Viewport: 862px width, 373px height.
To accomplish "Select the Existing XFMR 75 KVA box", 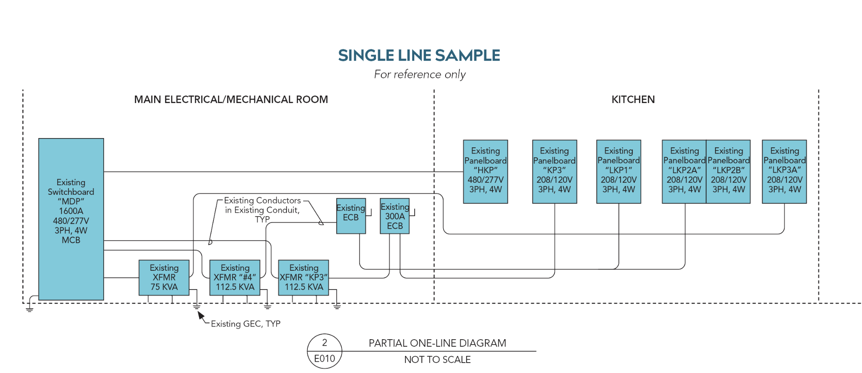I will [x=164, y=277].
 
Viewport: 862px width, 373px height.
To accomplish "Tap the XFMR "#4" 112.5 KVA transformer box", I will [x=235, y=277].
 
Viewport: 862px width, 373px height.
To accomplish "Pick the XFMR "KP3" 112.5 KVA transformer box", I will [x=304, y=277].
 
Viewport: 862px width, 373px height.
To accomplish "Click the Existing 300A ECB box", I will [x=395, y=216].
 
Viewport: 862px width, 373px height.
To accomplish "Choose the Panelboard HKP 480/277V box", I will [x=485, y=171].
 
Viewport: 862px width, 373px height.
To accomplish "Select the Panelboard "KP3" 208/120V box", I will [x=554, y=171].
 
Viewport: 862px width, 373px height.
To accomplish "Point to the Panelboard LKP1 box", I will [x=619, y=171].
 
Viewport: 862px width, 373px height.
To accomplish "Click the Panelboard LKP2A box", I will [x=684, y=171].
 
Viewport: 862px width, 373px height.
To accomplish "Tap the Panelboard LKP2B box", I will [x=728, y=171].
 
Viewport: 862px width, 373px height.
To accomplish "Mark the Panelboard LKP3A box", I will [x=784, y=171].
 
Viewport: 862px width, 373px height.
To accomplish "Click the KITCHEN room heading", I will [x=633, y=100].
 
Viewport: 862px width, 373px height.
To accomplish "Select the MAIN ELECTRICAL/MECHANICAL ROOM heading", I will [x=231, y=100].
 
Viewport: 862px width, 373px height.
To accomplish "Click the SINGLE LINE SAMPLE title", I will [x=419, y=55].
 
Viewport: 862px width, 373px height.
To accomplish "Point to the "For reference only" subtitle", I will [x=420, y=75].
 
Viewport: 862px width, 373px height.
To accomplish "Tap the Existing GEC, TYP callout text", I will [x=246, y=324].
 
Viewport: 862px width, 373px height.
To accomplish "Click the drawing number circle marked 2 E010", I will [x=325, y=351].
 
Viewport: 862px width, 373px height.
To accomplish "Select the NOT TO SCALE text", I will [x=437, y=360].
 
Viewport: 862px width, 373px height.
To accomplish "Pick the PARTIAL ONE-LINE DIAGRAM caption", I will [x=437, y=343].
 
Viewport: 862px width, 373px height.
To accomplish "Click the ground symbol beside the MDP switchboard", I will [x=30, y=309].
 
